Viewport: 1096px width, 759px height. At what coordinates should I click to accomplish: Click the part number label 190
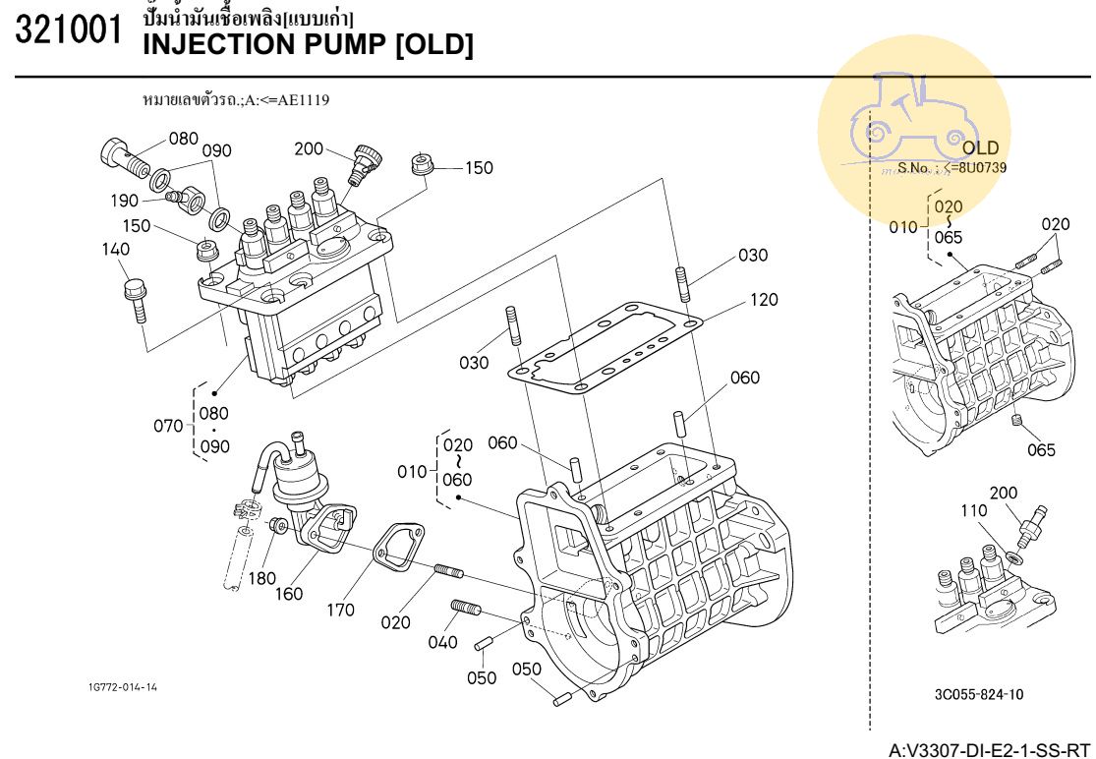coord(124,201)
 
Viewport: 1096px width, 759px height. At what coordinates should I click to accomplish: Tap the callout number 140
coord(116,250)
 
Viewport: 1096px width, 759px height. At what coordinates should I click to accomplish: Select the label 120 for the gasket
coord(764,300)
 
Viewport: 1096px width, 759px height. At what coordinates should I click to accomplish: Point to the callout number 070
coord(168,426)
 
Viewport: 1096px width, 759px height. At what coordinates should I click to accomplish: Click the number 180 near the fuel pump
coord(262,578)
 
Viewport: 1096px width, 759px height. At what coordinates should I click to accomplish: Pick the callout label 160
coord(289,593)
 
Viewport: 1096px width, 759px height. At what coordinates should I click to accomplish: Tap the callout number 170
coord(340,610)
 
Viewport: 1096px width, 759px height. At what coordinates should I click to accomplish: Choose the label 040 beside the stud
coord(443,642)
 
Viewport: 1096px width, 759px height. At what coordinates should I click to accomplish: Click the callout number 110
coord(972,510)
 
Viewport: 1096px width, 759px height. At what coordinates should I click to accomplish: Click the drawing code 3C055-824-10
coord(978,694)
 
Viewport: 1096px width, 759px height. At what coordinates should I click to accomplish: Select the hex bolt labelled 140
coord(136,299)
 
